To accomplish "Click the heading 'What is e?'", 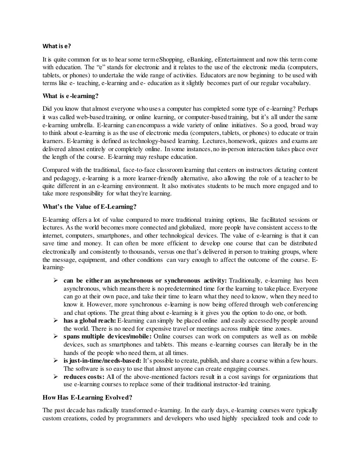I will coord(57,46).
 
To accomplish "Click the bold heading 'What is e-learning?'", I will coord(70,96).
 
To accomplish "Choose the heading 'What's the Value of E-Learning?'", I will coord(89,207).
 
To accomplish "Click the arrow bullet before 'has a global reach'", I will coord(56,321).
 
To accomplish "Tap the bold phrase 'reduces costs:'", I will coord(84,377).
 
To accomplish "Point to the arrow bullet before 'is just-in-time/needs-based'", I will coord(56,361).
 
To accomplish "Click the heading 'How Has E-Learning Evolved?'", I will coord(87,397).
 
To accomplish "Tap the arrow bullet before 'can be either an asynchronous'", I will coord(56,280).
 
